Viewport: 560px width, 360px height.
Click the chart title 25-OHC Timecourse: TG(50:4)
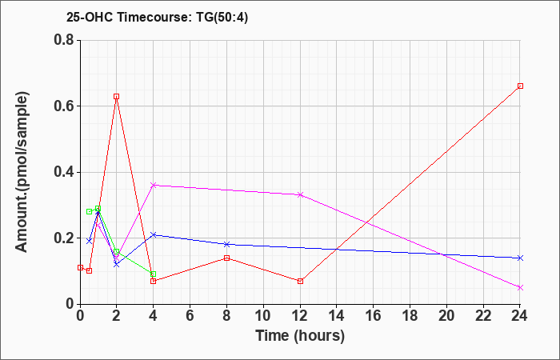[157, 17]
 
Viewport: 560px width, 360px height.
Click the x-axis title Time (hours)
[300, 336]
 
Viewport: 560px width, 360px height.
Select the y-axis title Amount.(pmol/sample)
[22, 172]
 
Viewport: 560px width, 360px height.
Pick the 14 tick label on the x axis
[337, 316]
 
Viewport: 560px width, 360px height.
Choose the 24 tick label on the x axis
[519, 316]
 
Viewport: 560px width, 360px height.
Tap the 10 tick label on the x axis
[263, 316]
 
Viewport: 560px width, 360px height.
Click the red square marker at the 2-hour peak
[117, 97]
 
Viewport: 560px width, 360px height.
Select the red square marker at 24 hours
[520, 86]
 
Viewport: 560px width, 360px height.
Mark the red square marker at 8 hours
[226, 258]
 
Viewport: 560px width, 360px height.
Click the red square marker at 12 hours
[300, 281]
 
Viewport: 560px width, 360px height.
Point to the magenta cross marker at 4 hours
[154, 185]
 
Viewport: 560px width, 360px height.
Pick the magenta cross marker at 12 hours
[300, 194]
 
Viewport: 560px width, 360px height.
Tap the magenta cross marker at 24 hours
[520, 287]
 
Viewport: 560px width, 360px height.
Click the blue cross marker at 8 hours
[226, 244]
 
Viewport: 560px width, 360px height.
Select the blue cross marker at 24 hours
[520, 258]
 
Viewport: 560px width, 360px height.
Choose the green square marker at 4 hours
[154, 274]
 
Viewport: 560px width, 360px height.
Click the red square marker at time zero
[80, 267]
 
